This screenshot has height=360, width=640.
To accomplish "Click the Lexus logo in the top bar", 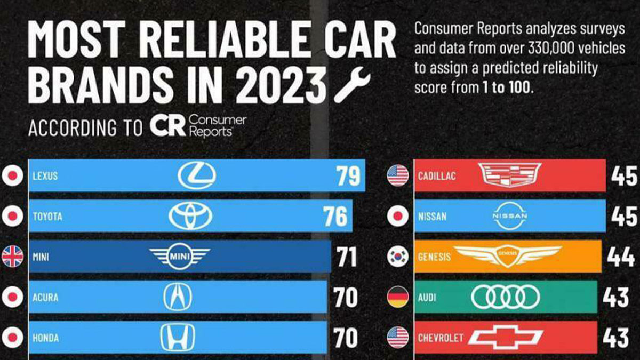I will coord(196,175).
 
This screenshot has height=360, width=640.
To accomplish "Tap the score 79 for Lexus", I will coord(348,176).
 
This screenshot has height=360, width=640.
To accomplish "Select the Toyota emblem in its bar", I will coord(190,216).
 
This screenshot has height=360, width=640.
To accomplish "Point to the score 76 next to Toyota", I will coord(335,217).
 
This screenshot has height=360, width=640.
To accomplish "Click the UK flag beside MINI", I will coord(12,257).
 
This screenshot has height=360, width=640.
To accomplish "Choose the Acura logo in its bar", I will coord(178,297).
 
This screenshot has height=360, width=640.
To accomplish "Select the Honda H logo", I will coord(178,338).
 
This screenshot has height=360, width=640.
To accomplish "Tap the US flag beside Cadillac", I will coord(398,175).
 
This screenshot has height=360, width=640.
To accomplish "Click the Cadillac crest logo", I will coord(509,175).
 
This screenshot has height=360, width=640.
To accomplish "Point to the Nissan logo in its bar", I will coord(509,216).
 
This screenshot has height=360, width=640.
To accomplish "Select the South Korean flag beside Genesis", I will coord(398,257).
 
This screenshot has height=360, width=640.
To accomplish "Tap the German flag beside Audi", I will coord(398,297).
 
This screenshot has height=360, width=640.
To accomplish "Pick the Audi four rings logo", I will coord(505,297).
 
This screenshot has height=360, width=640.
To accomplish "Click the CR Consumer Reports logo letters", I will coord(167,126).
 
